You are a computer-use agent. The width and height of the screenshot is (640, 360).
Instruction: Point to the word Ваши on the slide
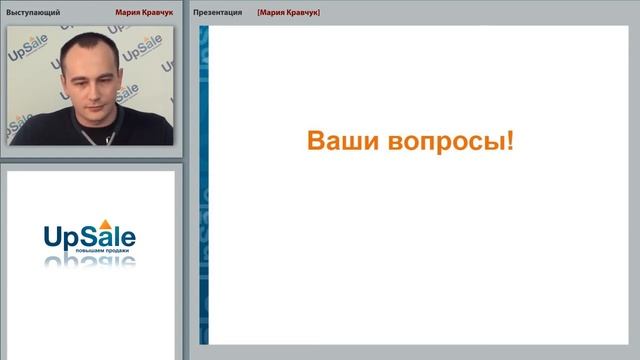point(336,141)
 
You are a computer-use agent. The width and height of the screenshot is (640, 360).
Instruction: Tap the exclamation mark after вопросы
point(511,140)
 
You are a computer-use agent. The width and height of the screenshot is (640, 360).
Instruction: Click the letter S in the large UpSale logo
point(92,235)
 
